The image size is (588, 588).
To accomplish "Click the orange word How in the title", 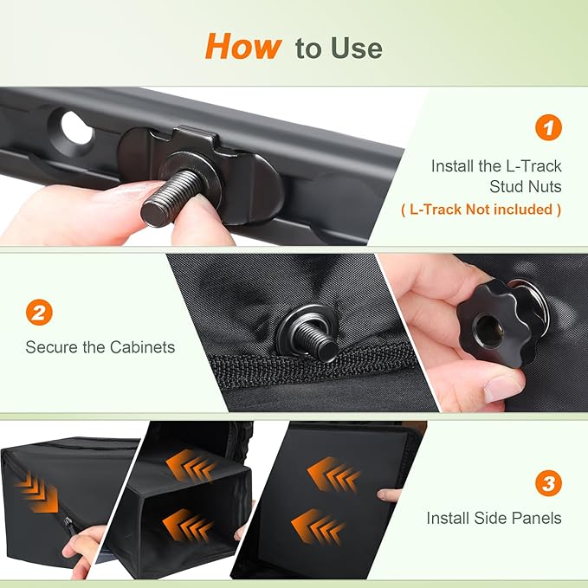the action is click(243, 47).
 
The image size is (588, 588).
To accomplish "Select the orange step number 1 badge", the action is click(548, 127).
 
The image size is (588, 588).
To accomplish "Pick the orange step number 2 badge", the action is click(39, 312).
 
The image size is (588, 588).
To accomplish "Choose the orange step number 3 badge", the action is click(548, 483).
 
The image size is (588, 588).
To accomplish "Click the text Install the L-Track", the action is click(496, 166).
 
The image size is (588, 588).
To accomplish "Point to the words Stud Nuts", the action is click(526, 186).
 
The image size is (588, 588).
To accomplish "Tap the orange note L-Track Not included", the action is click(481, 210).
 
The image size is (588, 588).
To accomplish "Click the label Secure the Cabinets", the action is click(100, 347).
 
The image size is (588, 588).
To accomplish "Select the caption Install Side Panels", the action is click(494, 518).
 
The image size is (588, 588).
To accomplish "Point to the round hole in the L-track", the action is click(77, 127).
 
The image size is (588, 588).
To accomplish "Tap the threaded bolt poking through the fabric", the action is click(315, 339).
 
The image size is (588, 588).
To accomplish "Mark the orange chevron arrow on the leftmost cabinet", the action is click(37, 492).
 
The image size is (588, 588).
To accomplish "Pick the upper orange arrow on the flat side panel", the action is click(333, 475).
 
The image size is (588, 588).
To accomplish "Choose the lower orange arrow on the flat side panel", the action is click(318, 527).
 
